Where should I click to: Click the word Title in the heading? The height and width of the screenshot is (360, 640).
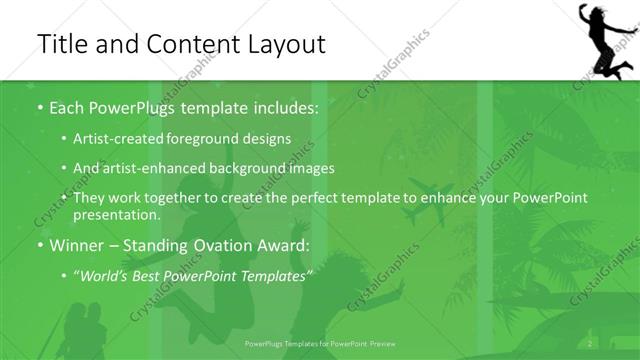[x=65, y=44]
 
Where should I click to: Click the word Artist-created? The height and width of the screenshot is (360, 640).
[x=126, y=139]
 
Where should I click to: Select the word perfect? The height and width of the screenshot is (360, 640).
[x=300, y=198]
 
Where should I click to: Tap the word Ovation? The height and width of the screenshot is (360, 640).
[x=224, y=245]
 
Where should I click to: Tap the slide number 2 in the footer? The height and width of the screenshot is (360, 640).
[x=591, y=343]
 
